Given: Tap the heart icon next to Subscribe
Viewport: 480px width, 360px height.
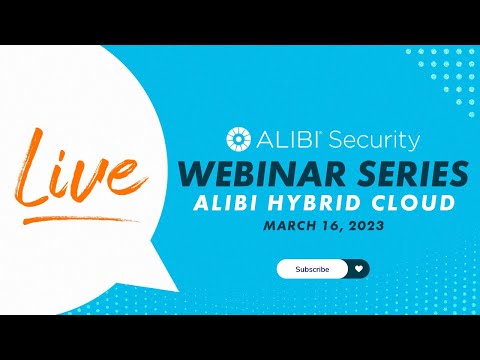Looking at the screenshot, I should [359, 268].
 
